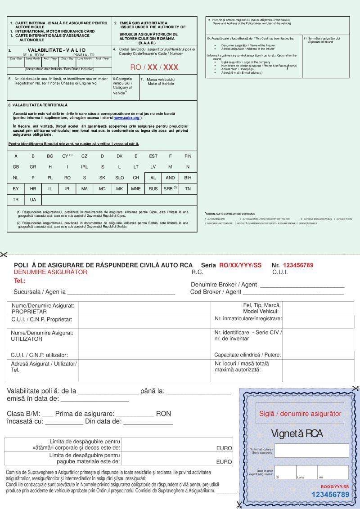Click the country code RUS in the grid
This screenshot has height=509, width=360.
tap(153, 189)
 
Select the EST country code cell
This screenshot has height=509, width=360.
tap(153, 156)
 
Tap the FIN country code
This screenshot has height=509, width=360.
tap(188, 156)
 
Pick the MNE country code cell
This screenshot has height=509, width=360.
tap(136, 189)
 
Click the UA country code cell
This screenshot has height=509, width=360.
tap(33, 200)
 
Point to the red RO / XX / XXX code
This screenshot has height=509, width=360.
tap(154, 67)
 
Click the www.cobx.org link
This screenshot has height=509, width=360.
tap(127, 118)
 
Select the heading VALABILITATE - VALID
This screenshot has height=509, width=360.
tap(57, 50)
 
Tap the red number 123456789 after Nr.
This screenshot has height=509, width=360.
tap(298, 265)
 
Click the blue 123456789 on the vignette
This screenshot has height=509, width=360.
tap(331, 495)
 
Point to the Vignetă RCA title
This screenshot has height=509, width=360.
tap(297, 434)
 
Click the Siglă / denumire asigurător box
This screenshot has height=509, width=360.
tap(300, 414)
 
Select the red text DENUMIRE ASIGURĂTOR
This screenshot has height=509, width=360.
tap(50, 272)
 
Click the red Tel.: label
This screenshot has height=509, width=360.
tap(20, 281)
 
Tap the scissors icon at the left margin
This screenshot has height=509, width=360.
tap(4, 255)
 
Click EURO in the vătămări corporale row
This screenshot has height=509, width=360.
tap(224, 448)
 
